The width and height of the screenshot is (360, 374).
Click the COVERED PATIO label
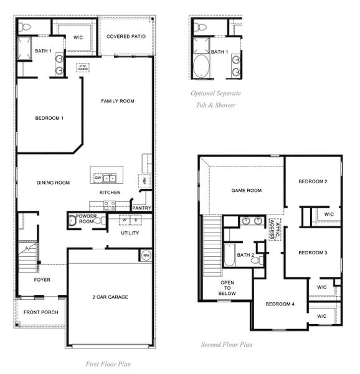pyautogui.click(x=126, y=37)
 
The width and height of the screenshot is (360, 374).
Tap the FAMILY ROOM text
pyautogui.click(x=118, y=101)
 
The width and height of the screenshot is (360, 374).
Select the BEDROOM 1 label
pyautogui.click(x=49, y=118)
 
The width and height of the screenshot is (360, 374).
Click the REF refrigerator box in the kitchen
pyautogui.click(x=144, y=181)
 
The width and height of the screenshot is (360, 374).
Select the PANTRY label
pyautogui.click(x=141, y=208)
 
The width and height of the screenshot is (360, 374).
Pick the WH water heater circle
pyautogui.click(x=146, y=255)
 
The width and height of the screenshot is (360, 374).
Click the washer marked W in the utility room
pyautogui.click(x=124, y=220)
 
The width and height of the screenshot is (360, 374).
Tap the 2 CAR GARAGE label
pyautogui.click(x=110, y=297)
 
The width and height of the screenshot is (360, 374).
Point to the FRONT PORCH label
pyautogui.click(x=40, y=312)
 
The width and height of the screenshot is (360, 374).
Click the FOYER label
pyautogui.click(x=42, y=280)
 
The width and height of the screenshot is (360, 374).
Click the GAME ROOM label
pyautogui.click(x=246, y=191)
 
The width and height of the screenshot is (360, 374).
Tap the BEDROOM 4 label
pyautogui.click(x=280, y=304)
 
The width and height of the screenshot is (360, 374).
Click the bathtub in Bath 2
pyautogui.click(x=229, y=255)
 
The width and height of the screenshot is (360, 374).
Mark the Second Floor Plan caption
pyautogui.click(x=226, y=344)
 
